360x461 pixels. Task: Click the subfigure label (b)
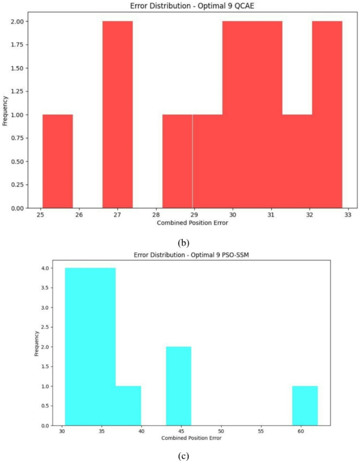pyautogui.click(x=180, y=243)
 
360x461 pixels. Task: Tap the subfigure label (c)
pyautogui.click(x=180, y=455)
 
